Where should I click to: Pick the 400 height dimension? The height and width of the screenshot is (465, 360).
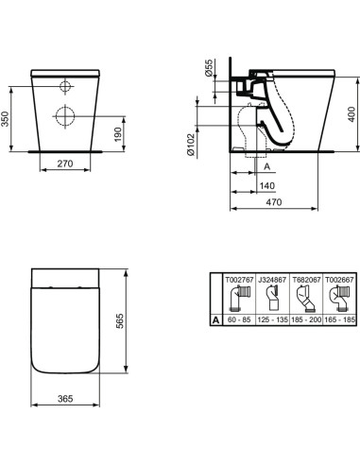pyautogui.click(x=351, y=111)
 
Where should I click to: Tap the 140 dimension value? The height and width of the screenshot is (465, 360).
pyautogui.click(x=268, y=187)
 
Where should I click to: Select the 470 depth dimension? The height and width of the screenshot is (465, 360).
pyautogui.click(x=281, y=203)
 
